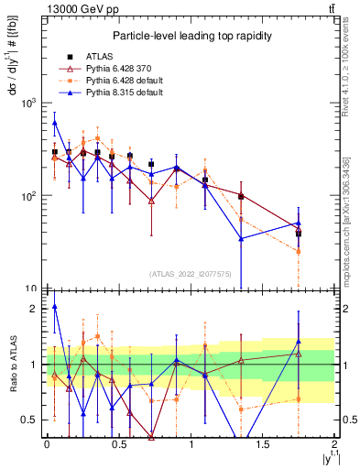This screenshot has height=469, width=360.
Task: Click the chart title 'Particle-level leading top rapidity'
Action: click(x=189, y=36)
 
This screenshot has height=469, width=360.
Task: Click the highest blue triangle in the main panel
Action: click(x=55, y=123)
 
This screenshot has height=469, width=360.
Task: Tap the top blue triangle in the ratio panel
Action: click(x=55, y=307)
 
